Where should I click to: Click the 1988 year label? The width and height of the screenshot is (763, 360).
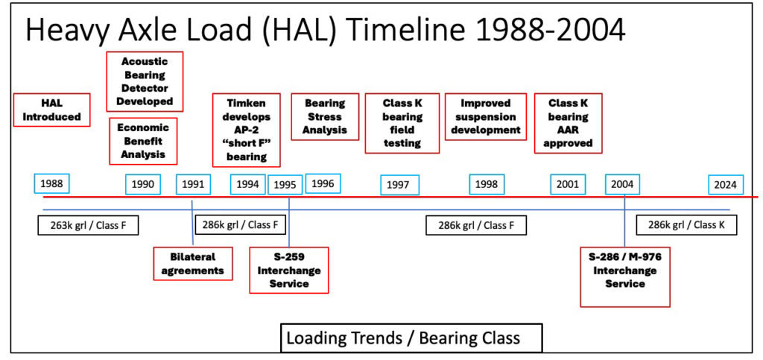pyautogui.click(x=52, y=183)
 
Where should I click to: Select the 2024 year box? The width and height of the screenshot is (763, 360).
pyautogui.click(x=726, y=185)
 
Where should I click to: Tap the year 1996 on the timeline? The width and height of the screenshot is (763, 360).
pyautogui.click(x=323, y=183)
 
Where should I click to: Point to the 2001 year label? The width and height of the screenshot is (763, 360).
pyautogui.click(x=568, y=184)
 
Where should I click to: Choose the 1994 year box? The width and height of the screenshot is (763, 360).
pyautogui.click(x=247, y=184)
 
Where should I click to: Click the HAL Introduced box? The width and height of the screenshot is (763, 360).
pyautogui.click(x=51, y=110)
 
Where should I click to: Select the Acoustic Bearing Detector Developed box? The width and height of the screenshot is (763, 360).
pyautogui.click(x=145, y=81)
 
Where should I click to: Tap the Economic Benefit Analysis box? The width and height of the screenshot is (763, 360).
pyautogui.click(x=143, y=141)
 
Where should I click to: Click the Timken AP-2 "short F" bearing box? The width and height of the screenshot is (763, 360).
pyautogui.click(x=247, y=130)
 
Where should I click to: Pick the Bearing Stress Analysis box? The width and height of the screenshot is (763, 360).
pyautogui.click(x=325, y=117)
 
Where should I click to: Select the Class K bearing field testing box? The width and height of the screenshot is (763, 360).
pyautogui.click(x=402, y=123)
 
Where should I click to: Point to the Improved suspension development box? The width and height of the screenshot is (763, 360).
pyautogui.click(x=486, y=117)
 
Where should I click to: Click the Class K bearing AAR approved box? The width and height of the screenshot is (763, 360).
pyautogui.click(x=568, y=123)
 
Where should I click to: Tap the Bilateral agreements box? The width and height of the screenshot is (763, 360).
pyautogui.click(x=193, y=264)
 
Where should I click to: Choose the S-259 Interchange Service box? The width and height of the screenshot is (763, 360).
pyautogui.click(x=289, y=270)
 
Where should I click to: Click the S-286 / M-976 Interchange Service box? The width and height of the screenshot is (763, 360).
pyautogui.click(x=625, y=277)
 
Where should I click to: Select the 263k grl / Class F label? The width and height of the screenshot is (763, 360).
pyautogui.click(x=88, y=225)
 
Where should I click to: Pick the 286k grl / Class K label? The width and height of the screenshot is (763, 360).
pyautogui.click(x=686, y=225)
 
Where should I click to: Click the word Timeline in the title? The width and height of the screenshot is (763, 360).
pyautogui.click(x=411, y=30)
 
